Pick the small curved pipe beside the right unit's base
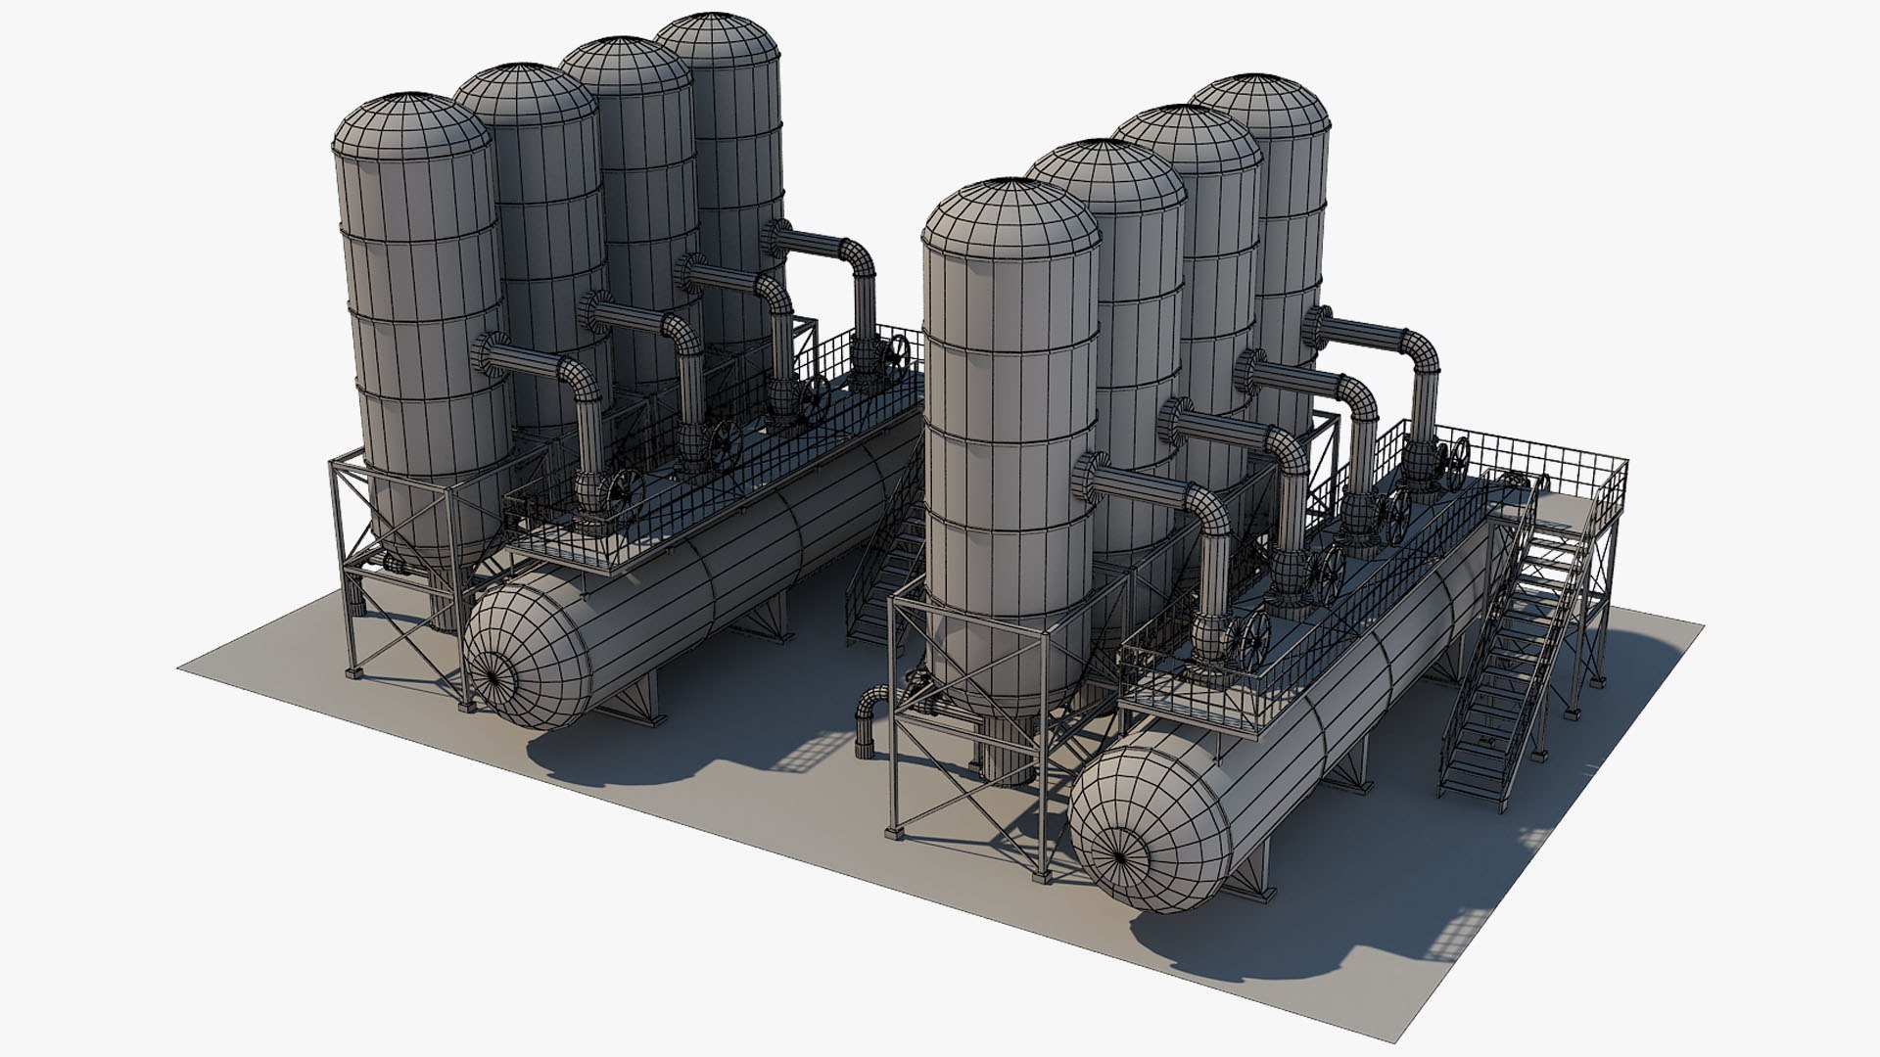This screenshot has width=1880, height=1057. tap(869, 714)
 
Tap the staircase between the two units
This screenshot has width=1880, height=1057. tap(881, 587)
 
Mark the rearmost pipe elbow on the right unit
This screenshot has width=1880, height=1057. tap(1420, 352)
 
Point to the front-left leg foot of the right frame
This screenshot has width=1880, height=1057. tap(893, 832)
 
